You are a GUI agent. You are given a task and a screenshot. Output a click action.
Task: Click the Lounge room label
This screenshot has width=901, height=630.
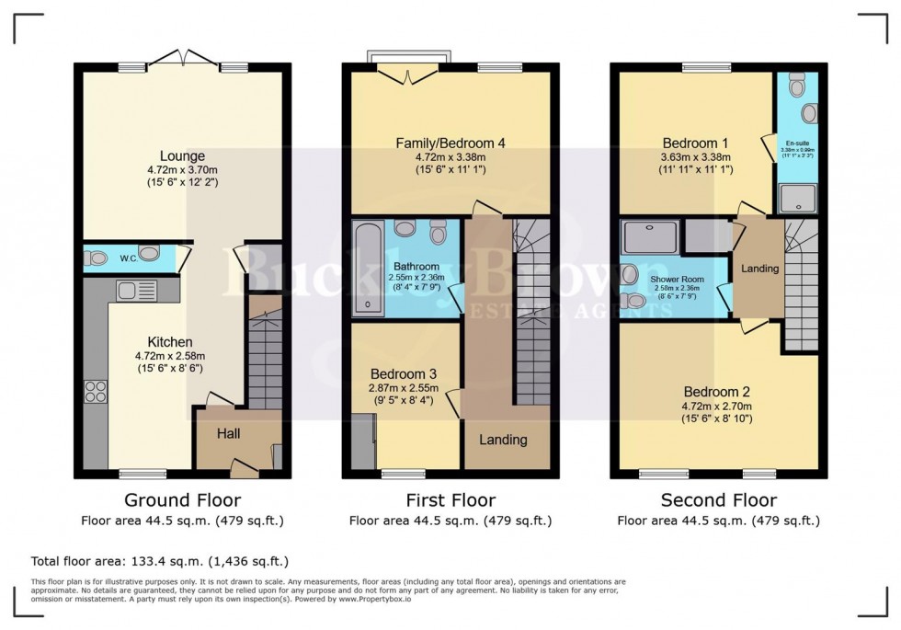click(181, 155)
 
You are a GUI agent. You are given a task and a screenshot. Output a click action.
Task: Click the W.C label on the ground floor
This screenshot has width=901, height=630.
click(130, 258)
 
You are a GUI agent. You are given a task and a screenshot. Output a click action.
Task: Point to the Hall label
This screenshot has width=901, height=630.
click(228, 432)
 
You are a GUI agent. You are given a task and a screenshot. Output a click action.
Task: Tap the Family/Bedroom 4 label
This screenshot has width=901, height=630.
click(450, 143)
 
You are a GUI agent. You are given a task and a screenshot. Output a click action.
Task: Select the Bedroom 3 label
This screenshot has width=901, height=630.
click(403, 374)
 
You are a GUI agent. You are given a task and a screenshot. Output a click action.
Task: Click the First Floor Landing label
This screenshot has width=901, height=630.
click(504, 440)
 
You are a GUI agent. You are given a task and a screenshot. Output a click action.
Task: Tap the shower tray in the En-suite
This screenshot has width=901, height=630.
click(796, 198)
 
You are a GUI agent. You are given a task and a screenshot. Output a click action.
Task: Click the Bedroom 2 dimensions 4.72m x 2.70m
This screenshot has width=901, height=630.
click(717, 407)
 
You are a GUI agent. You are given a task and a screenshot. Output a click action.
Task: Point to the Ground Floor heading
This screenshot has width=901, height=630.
click(182, 500)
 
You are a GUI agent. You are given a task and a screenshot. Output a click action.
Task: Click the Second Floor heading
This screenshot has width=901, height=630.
click(718, 500)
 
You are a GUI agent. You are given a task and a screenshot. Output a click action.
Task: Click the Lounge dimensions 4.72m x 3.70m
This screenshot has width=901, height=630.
click(181, 169)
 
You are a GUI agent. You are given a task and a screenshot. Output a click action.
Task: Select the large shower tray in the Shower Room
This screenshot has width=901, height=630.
click(651, 237)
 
